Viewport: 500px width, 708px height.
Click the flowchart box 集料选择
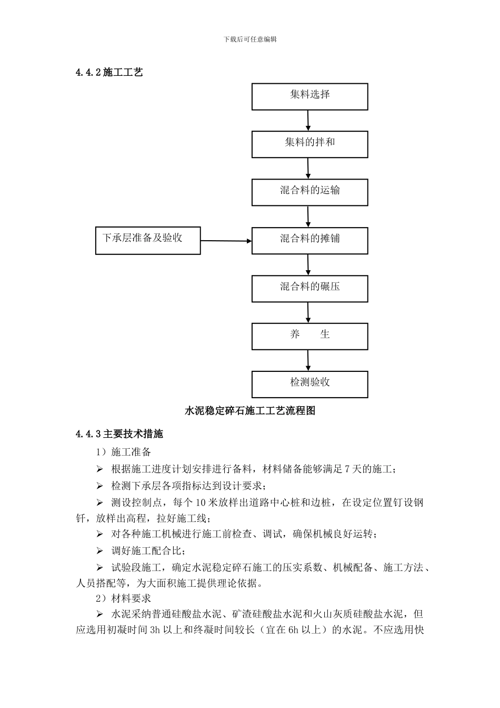pyautogui.click(x=309, y=96)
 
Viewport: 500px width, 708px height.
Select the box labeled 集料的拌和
pyautogui.click(x=309, y=144)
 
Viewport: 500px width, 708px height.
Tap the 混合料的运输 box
pyautogui.click(x=309, y=192)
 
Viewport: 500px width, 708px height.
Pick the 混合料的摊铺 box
pyautogui.click(x=309, y=241)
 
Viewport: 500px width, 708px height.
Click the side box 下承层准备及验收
pyautogui.click(x=148, y=240)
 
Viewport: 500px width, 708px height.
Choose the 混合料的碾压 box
pyautogui.click(x=309, y=289)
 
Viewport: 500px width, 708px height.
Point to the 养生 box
pyautogui.click(x=309, y=336)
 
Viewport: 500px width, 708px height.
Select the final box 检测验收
pyautogui.click(x=309, y=384)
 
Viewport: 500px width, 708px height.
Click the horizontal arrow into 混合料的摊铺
pyautogui.click(x=226, y=241)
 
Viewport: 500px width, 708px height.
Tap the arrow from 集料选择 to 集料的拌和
pyautogui.click(x=308, y=121)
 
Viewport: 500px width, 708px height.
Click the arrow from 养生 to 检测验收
pyautogui.click(x=308, y=360)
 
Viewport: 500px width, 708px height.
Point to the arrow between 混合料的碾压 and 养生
pyautogui.click(x=308, y=312)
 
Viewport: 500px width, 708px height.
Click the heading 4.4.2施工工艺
pyautogui.click(x=109, y=73)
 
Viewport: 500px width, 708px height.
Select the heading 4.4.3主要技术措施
pyautogui.click(x=119, y=435)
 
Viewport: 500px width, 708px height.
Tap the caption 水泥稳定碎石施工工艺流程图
pyautogui.click(x=250, y=411)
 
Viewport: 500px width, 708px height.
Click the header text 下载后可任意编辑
pyautogui.click(x=250, y=40)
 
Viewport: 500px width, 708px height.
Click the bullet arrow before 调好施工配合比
pyautogui.click(x=99, y=552)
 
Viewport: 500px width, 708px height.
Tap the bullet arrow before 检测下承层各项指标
pyautogui.click(x=99, y=486)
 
